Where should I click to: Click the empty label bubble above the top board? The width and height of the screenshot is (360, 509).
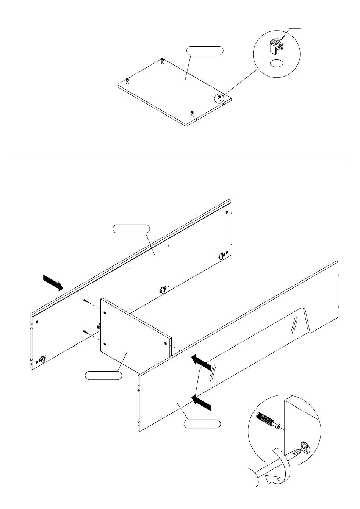205,50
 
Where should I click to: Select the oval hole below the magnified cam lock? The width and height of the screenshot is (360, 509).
277,63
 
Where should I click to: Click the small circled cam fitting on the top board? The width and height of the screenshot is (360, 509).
219,98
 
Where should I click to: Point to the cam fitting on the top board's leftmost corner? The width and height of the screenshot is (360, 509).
127,80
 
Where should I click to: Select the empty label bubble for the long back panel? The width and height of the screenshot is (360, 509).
131,228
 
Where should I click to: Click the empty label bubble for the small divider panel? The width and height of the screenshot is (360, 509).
103,375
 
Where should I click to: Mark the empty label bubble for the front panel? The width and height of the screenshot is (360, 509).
202,423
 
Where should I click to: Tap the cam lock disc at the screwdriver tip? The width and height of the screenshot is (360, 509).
305,448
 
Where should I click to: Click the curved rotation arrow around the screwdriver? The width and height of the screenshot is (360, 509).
279,470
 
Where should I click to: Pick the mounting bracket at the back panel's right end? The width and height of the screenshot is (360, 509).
221,256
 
